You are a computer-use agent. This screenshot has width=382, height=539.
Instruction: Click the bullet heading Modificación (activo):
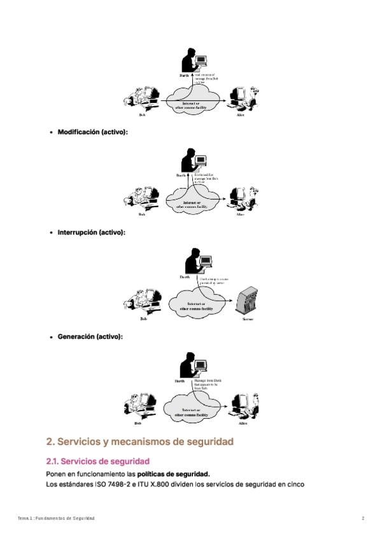(92, 132)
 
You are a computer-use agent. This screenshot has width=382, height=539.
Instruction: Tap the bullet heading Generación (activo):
(90, 336)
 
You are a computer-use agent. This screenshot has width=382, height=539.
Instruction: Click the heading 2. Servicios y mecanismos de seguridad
(140, 441)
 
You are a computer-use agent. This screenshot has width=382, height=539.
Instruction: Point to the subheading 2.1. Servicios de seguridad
(97, 461)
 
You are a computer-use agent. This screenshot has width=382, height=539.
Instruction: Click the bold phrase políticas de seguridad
(173, 474)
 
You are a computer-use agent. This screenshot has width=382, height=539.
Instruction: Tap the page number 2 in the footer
(363, 519)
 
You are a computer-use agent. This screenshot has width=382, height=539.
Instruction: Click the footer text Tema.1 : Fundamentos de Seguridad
(56, 519)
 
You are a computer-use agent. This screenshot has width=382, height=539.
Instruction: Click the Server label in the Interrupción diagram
(248, 319)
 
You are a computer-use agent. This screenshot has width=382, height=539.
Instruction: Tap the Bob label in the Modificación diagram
(142, 215)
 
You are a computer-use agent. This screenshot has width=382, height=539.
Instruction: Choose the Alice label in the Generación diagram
(243, 423)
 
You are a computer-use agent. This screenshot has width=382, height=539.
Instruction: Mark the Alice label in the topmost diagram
(240, 115)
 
